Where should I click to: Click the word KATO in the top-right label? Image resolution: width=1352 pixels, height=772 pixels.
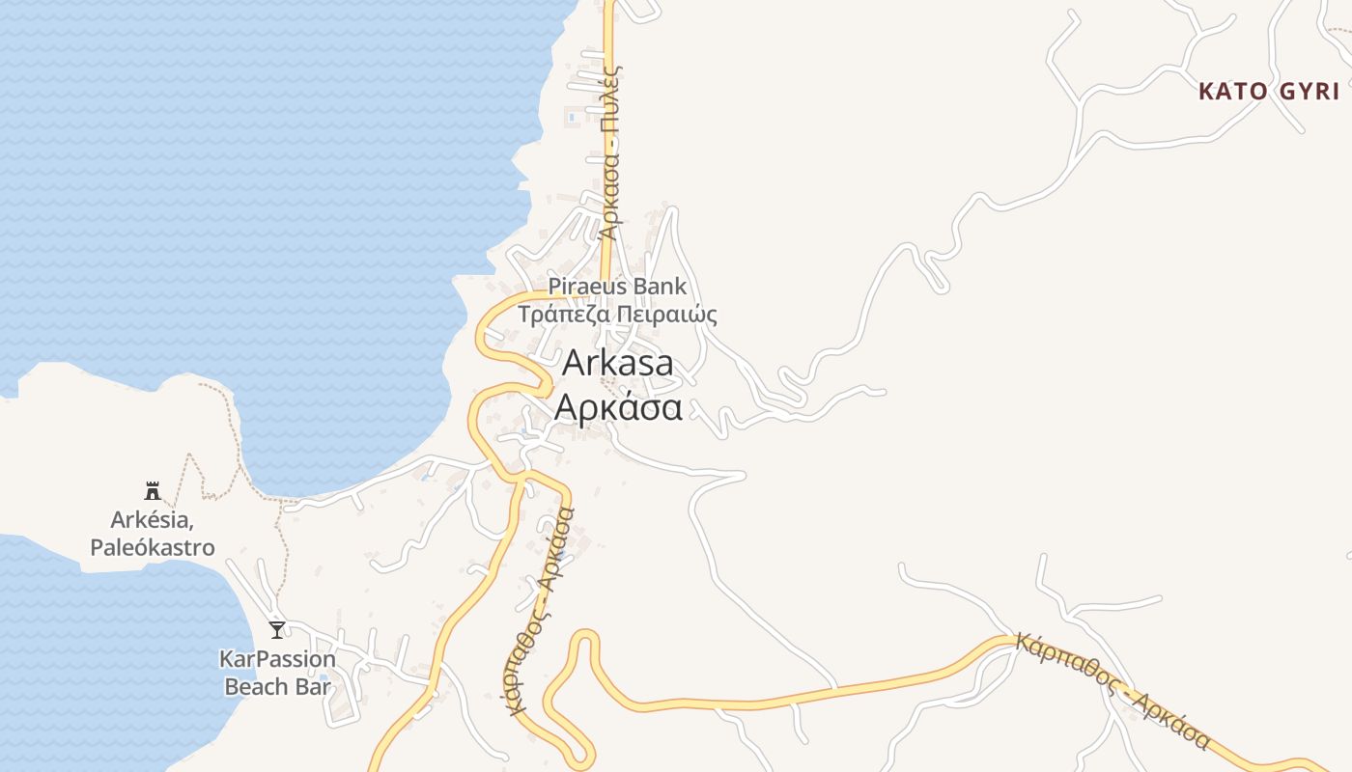(x=1232, y=92)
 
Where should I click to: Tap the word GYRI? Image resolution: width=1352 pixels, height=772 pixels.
(x=1309, y=92)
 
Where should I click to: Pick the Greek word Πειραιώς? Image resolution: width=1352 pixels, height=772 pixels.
(x=666, y=315)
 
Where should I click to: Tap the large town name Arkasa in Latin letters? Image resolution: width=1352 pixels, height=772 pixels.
(x=617, y=363)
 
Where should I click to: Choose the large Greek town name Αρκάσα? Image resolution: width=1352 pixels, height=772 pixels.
(x=618, y=407)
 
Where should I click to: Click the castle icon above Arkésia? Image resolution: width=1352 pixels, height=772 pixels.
(x=152, y=490)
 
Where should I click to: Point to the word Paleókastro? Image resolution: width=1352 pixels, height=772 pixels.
(x=153, y=547)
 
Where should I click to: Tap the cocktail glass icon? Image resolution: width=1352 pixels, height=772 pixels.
(x=277, y=630)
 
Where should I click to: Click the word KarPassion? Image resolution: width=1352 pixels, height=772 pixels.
(x=277, y=660)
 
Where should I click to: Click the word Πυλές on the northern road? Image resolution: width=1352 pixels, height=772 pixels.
(x=610, y=94)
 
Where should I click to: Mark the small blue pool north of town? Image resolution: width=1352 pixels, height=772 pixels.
(x=572, y=118)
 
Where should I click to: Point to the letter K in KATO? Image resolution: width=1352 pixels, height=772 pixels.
(x=1206, y=92)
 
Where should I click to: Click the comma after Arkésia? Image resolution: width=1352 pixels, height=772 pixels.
(x=192, y=526)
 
